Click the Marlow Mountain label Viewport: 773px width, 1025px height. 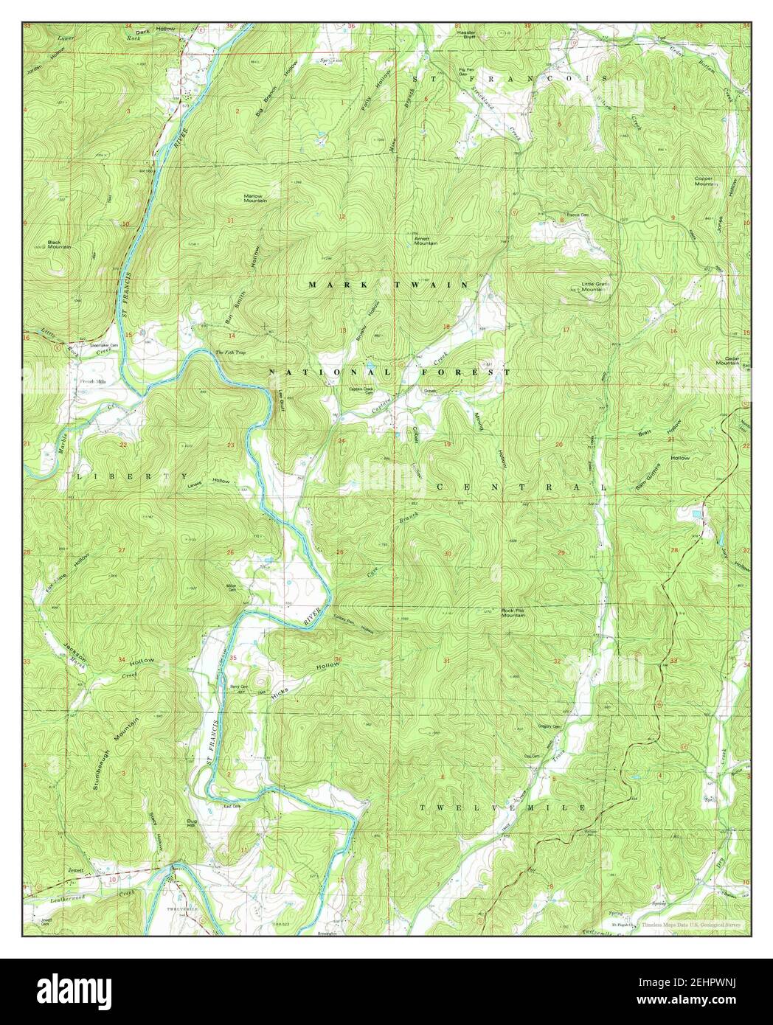coord(255,198)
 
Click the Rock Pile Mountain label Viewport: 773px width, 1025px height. coord(512,613)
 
